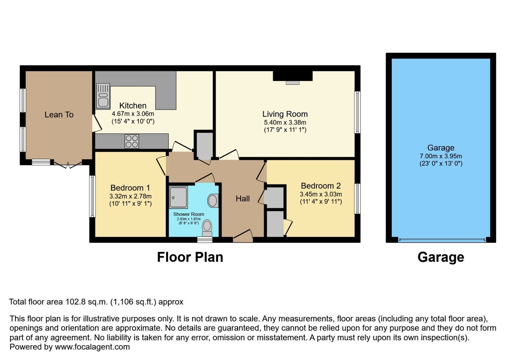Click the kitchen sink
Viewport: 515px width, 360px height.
tap(103, 96)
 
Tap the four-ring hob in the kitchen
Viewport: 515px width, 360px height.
tap(132, 141)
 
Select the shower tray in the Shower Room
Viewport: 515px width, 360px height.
tap(178, 197)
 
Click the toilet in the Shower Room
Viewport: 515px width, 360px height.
tap(207, 228)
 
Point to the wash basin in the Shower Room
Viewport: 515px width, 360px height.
tap(213, 200)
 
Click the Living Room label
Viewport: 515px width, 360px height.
tap(285, 114)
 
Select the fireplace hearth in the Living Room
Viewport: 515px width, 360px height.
tap(293, 83)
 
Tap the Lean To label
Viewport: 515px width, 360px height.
tap(59, 115)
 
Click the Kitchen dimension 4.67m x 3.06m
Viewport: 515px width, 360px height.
tap(133, 114)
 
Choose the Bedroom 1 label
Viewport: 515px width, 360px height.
tap(130, 188)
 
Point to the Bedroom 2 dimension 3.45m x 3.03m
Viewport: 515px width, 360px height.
tap(321, 194)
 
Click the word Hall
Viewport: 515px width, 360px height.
tap(242, 199)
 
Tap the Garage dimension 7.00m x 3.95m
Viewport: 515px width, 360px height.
tap(441, 156)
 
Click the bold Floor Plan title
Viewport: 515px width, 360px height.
tap(190, 257)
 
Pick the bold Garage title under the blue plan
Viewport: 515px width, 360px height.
tap(441, 257)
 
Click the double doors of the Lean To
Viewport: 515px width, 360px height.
tap(68, 165)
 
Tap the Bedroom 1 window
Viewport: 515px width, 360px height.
tap(92, 196)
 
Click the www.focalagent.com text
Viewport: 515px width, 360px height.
tap(92, 347)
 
